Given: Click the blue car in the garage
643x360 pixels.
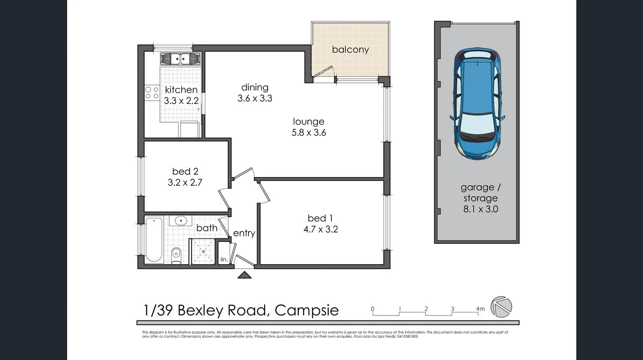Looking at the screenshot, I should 477,104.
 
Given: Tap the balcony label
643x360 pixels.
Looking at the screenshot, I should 350,50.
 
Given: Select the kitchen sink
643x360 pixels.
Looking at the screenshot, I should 180,58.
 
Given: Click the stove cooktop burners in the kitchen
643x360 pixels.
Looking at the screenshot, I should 152,92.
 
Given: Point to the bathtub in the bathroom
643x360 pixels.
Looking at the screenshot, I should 154,240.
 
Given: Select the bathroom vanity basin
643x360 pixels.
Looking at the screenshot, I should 181,221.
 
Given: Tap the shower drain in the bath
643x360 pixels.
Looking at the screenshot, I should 203,251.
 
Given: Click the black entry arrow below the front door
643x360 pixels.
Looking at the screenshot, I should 244,275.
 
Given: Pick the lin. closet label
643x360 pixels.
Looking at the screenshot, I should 224,259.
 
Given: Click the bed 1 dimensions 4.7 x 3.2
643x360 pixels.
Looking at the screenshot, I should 320,229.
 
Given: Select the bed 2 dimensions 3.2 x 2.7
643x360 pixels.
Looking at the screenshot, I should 185,183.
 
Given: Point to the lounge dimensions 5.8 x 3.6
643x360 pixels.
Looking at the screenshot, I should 309,133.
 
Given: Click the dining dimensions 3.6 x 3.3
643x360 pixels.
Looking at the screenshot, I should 255,98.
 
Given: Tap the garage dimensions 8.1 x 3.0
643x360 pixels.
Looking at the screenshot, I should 480,209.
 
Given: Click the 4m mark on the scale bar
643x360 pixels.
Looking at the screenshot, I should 480,309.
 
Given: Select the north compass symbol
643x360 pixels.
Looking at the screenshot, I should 501,307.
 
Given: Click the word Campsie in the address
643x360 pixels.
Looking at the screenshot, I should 306,310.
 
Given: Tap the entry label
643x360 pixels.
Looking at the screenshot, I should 244,233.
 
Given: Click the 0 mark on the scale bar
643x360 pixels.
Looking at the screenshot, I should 373,309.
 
